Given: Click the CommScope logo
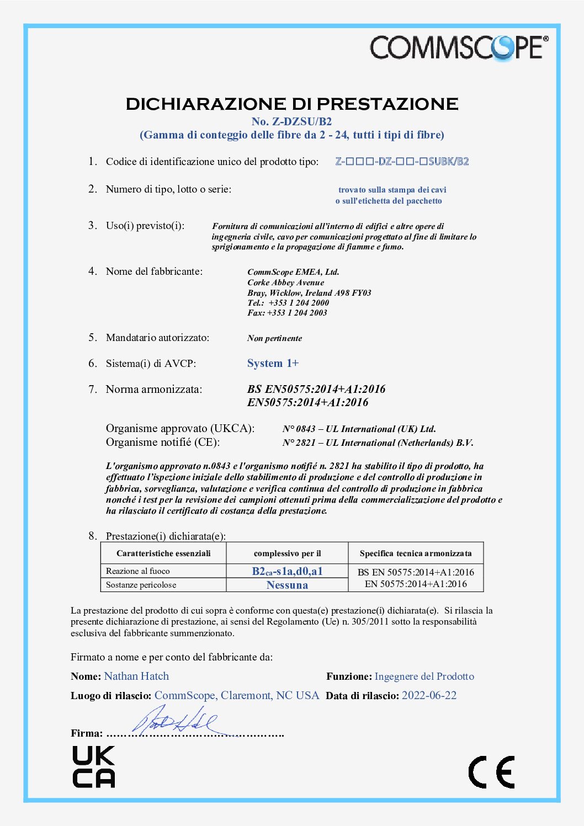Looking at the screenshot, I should coord(459,47).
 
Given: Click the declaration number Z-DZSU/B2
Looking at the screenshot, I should coord(291,121).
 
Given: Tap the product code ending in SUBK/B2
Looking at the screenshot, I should coord(402,162).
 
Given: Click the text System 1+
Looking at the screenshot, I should coord(273,363).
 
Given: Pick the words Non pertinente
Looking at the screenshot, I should coord(274,338).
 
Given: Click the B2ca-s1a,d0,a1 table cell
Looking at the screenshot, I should coord(287,571).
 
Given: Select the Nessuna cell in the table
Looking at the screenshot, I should coord(287,585).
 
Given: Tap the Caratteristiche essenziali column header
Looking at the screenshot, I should coord(163,553).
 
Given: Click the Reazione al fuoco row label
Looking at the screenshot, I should coord(138,571).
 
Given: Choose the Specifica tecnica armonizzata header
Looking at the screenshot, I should coord(416,553).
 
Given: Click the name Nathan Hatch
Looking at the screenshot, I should coord(136,676).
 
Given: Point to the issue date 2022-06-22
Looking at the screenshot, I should coord(429,696).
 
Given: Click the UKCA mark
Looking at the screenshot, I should coord(94,766).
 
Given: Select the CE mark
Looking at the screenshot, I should coord(491,772).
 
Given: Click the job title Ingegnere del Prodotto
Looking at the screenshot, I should coord(424,676).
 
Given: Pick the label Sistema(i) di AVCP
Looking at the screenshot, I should coord(151,364).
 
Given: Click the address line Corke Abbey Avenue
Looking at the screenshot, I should coord(285,283).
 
